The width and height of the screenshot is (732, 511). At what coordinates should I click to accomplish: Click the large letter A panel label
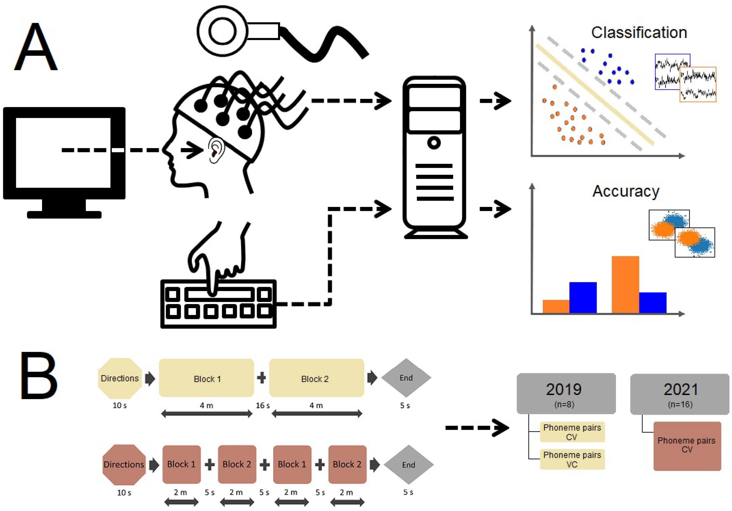(36, 47)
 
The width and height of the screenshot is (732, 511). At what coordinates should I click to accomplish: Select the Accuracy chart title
(625, 191)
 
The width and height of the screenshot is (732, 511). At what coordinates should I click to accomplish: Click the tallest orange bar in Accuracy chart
(625, 284)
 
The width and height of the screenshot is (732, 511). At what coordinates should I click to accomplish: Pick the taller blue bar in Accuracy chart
(582, 297)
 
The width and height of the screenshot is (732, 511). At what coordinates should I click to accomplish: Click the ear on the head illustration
(215, 150)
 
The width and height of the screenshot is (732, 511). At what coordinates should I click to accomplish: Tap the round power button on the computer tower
(434, 142)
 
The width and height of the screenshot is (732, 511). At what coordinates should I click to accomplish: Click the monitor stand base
(64, 214)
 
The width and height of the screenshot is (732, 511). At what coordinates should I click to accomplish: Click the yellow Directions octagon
(120, 378)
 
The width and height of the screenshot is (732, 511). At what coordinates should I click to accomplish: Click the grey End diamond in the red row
(408, 464)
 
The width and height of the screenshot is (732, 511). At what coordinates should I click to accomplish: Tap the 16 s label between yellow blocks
(262, 405)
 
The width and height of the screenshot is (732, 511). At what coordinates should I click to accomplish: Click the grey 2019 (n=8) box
(566, 393)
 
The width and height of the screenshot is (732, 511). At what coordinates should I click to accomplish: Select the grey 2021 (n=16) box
(680, 394)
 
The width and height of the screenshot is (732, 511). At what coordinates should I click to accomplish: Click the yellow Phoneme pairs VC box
(572, 459)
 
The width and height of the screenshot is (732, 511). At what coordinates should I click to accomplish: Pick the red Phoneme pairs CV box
(687, 446)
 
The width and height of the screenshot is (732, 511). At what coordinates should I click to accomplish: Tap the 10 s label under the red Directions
(124, 493)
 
